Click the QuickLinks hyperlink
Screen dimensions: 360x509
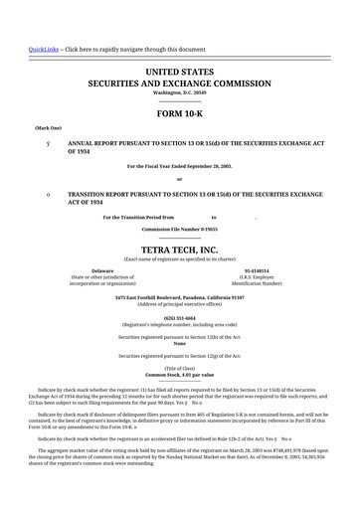coord(43,48)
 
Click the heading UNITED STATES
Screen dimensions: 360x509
coord(180,74)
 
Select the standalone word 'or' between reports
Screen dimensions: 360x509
coord(180,179)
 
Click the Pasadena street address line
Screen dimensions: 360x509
coord(180,296)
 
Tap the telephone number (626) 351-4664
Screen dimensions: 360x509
coord(180,318)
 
